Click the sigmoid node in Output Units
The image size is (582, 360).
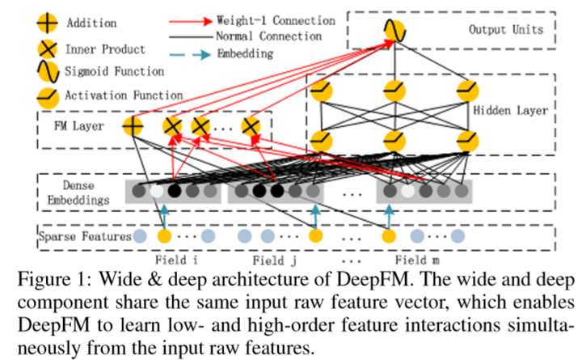point(394,32)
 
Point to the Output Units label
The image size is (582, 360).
point(506,31)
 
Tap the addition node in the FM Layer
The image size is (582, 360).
point(132,126)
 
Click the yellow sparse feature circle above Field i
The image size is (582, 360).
point(164,238)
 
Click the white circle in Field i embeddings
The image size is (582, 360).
point(156,193)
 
